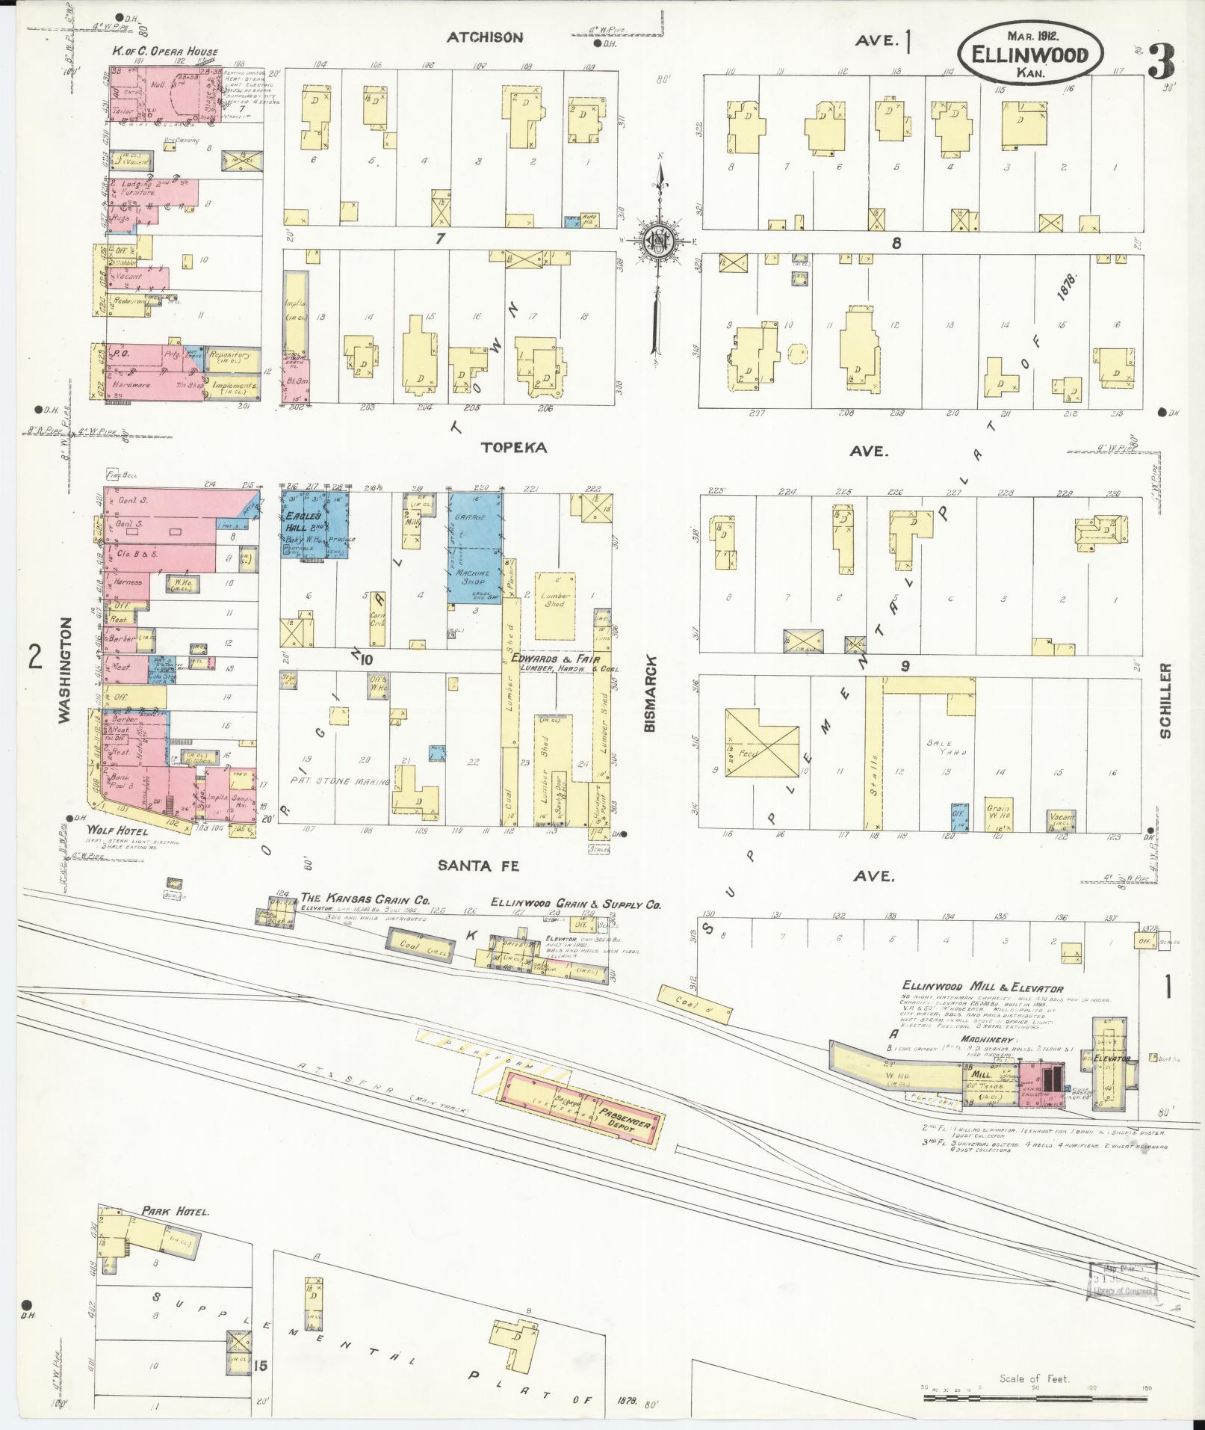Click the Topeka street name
513,448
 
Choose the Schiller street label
1166,700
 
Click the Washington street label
65,669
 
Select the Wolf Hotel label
117,831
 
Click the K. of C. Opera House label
165,52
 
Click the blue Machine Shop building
475,576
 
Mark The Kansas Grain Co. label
364,899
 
